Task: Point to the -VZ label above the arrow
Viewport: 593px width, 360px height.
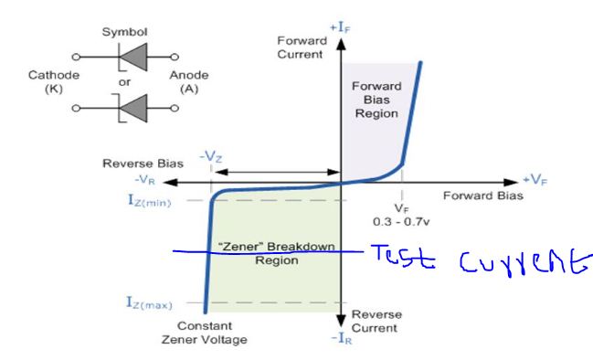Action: [211, 157]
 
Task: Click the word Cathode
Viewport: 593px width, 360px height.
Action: [52, 76]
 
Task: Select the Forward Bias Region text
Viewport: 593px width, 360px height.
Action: [376, 100]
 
